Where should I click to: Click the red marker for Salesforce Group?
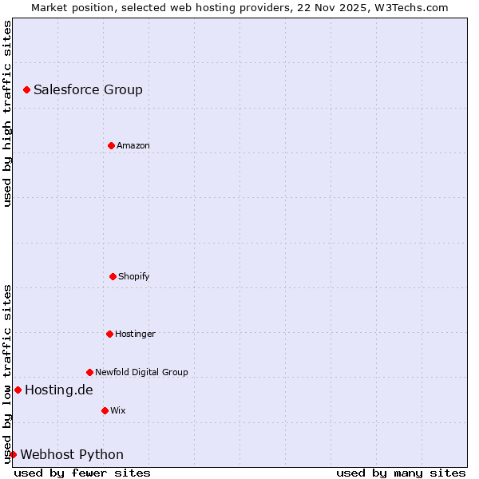tap(26, 89)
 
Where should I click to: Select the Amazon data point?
tap(111, 145)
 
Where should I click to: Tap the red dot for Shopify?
tap(113, 276)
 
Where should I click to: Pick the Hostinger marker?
tap(109, 334)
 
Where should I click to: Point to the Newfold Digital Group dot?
tap(89, 372)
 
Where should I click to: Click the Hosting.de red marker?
tap(18, 390)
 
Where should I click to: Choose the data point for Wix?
tap(105, 410)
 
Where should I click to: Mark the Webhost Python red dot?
tap(13, 454)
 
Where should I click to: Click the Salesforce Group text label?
tap(88, 89)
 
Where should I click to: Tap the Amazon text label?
tap(133, 145)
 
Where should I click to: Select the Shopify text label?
tap(133, 276)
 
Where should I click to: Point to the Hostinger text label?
tap(135, 334)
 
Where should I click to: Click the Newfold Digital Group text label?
tap(141, 372)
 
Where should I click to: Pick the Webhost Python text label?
tap(72, 454)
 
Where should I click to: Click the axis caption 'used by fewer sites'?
tap(82, 473)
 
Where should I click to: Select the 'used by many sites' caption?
tap(401, 473)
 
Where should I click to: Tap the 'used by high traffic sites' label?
tap(7, 113)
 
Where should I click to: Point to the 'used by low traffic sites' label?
tap(7, 374)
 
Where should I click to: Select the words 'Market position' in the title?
tap(69, 7)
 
